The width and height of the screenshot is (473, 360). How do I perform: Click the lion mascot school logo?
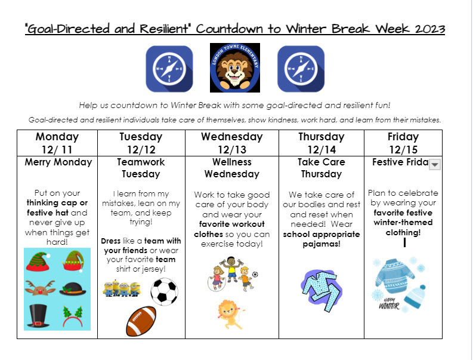click(x=234, y=68)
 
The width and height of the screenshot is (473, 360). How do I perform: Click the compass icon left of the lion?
click(x=169, y=69)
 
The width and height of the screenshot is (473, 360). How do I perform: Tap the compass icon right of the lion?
click(x=301, y=69)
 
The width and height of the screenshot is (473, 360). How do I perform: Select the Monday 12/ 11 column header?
click(x=57, y=143)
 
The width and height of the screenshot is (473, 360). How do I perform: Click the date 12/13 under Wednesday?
click(x=231, y=149)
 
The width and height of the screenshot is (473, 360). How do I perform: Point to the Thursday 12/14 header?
click(x=321, y=143)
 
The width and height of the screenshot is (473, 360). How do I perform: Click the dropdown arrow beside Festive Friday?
click(x=434, y=164)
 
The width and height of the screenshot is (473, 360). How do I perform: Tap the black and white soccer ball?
click(x=164, y=292)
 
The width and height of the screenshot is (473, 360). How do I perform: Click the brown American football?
click(x=141, y=321)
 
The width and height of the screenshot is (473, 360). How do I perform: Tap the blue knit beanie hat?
click(x=415, y=297)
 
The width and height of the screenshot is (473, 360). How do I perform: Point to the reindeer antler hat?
click(x=41, y=288)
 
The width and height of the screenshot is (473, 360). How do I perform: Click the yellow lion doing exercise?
click(x=230, y=313)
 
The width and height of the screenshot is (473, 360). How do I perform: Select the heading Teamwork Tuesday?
click(x=141, y=168)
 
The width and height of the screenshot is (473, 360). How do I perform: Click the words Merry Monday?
click(x=58, y=162)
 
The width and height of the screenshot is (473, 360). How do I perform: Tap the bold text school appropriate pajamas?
click(x=321, y=239)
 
